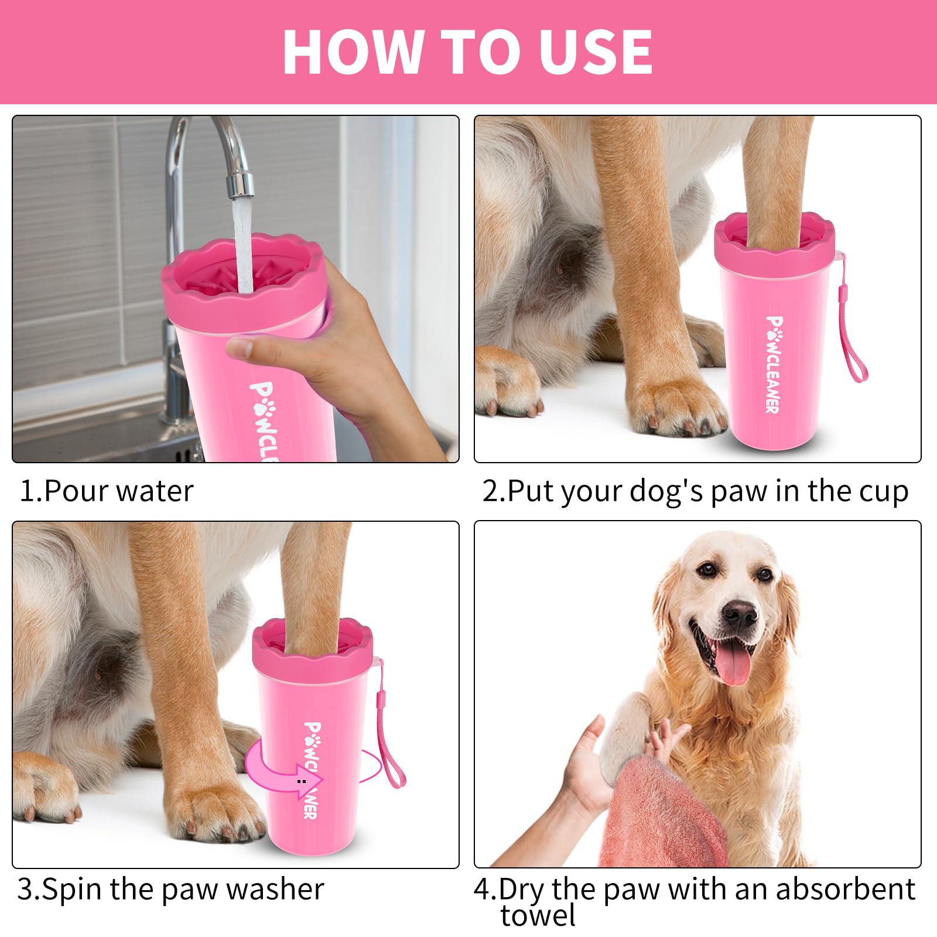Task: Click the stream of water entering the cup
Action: coord(243,246)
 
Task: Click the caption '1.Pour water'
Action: coord(106,491)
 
